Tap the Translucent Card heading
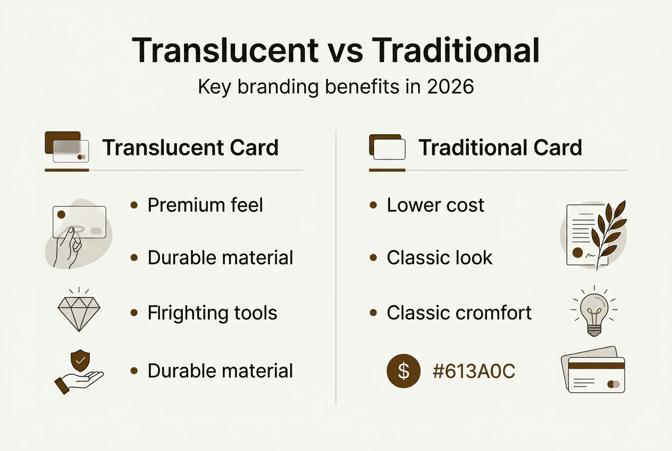(x=190, y=147)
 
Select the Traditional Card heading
(x=500, y=147)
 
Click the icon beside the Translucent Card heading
(x=66, y=147)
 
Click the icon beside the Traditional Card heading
(x=387, y=147)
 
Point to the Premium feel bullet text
(x=205, y=205)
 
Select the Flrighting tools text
(x=212, y=313)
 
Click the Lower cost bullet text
(x=435, y=205)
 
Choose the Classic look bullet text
(x=439, y=258)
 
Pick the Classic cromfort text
(x=459, y=313)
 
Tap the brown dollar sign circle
(x=404, y=371)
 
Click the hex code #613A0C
(x=474, y=371)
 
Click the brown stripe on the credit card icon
(x=596, y=365)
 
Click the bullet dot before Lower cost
(x=373, y=205)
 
